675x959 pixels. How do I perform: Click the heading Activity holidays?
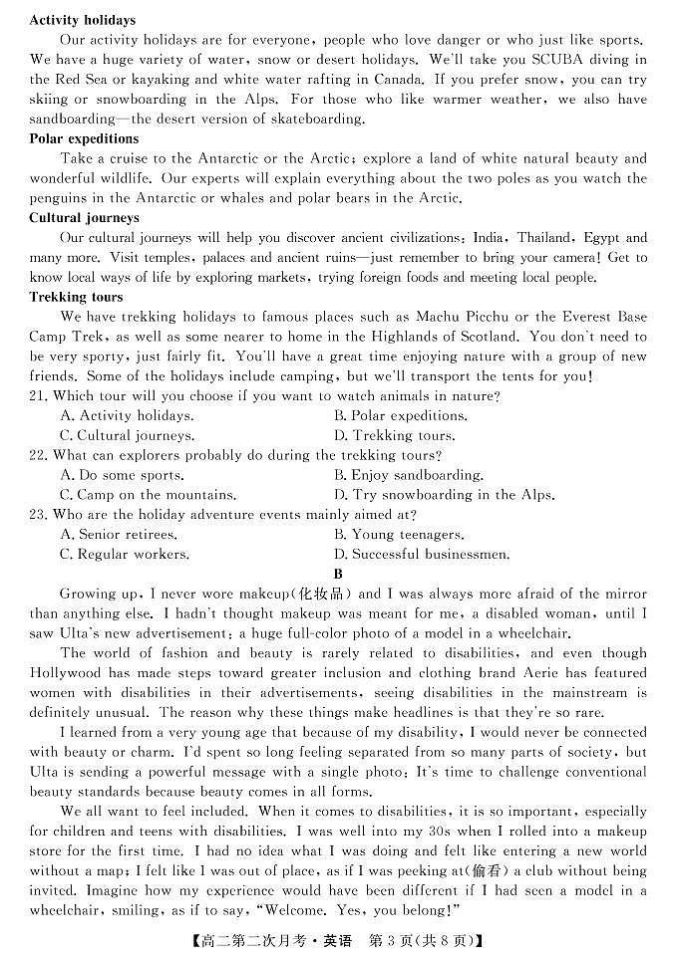point(83,20)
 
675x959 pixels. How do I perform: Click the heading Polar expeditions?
point(84,138)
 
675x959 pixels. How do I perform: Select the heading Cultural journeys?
point(84,218)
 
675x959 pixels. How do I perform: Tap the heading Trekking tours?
point(76,297)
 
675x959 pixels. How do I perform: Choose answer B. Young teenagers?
point(399,535)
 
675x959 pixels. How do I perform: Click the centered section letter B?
point(338,574)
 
